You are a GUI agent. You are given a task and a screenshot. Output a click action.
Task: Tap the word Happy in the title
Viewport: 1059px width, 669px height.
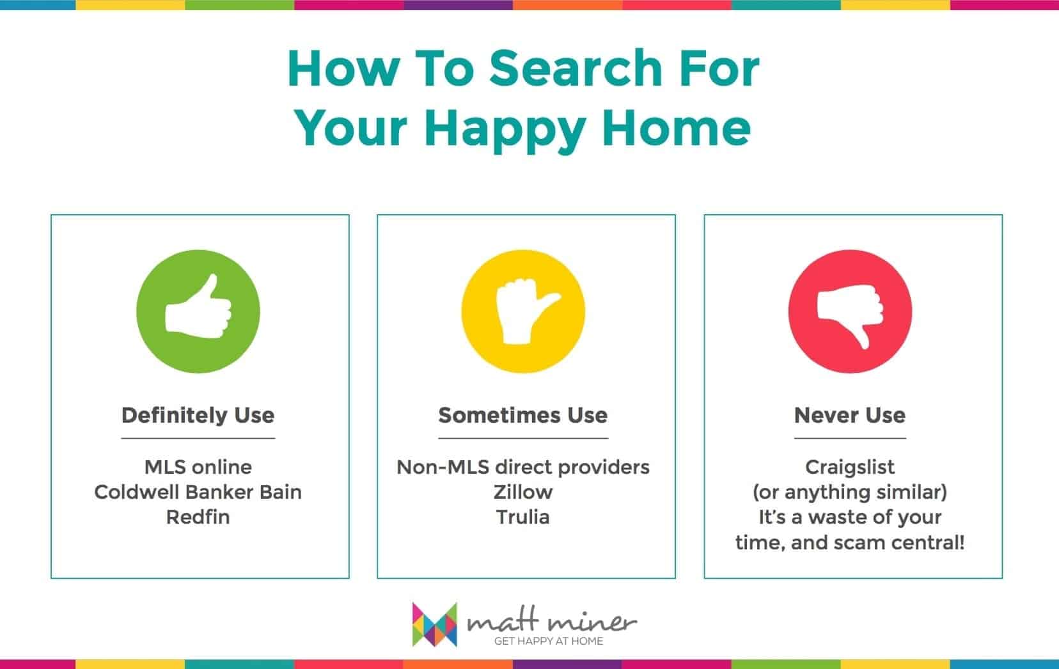pyautogui.click(x=505, y=129)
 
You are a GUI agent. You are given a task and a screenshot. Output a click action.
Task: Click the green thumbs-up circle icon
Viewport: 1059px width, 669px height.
pyautogui.click(x=198, y=311)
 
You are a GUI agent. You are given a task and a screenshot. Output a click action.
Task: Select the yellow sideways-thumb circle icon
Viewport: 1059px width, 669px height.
pyautogui.click(x=523, y=311)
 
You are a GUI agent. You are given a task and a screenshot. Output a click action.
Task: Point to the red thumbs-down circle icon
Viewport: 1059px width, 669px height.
pyautogui.click(x=850, y=311)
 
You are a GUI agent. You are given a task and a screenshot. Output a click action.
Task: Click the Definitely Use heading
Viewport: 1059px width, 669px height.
pyautogui.click(x=198, y=416)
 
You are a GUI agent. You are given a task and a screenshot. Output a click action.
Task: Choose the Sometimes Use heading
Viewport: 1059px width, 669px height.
pyautogui.click(x=523, y=416)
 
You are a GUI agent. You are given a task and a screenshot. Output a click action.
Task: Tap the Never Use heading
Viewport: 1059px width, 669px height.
pyautogui.click(x=850, y=416)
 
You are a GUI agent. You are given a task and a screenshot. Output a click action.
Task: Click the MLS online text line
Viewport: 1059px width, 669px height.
pyautogui.click(x=198, y=467)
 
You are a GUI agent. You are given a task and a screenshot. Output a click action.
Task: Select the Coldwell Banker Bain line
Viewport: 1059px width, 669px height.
pyautogui.click(x=198, y=492)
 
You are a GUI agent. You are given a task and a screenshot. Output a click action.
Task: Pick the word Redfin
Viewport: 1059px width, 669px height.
pyautogui.click(x=198, y=517)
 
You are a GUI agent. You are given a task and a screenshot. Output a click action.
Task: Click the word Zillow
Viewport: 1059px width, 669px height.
pyautogui.click(x=523, y=492)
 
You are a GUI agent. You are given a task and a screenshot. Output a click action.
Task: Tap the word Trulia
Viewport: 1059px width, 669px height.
pyautogui.click(x=523, y=517)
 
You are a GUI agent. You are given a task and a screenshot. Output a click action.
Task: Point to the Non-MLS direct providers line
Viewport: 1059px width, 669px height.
pyautogui.click(x=523, y=467)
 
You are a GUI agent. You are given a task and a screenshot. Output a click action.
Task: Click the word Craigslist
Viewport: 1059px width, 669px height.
pyautogui.click(x=850, y=468)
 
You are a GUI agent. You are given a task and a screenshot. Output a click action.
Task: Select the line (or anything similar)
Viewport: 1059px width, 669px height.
pyautogui.click(x=850, y=492)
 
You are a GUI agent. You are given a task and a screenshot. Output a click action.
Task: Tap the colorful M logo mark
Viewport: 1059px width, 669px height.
pyautogui.click(x=434, y=624)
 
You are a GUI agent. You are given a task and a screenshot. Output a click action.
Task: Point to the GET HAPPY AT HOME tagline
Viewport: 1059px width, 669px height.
pyautogui.click(x=549, y=641)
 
